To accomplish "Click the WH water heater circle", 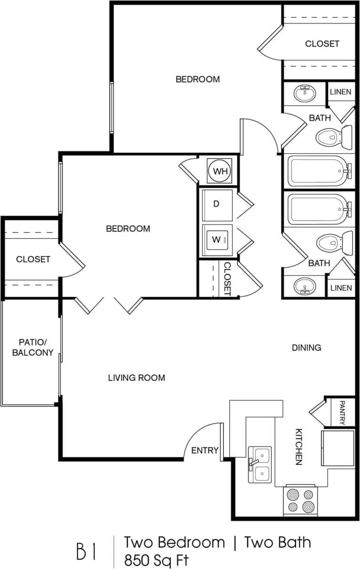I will pyautogui.click(x=220, y=171).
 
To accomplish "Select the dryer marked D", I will pyautogui.click(x=217, y=205).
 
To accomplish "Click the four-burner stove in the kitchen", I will pyautogui.click(x=300, y=501).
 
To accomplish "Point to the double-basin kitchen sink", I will pyautogui.click(x=260, y=465).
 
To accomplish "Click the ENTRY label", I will pyautogui.click(x=205, y=450).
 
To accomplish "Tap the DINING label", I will pyautogui.click(x=306, y=348).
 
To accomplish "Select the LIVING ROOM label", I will pyautogui.click(x=136, y=378).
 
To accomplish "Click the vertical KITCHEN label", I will pyautogui.click(x=299, y=446).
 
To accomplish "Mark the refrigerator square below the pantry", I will pyautogui.click(x=337, y=447).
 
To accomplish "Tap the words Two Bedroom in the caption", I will pyautogui.click(x=175, y=542).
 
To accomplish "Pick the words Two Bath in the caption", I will pyautogui.click(x=278, y=542).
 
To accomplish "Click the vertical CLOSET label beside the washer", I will pyautogui.click(x=227, y=279).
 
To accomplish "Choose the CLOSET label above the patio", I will pyautogui.click(x=33, y=259).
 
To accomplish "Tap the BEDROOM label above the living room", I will pyautogui.click(x=128, y=229).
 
